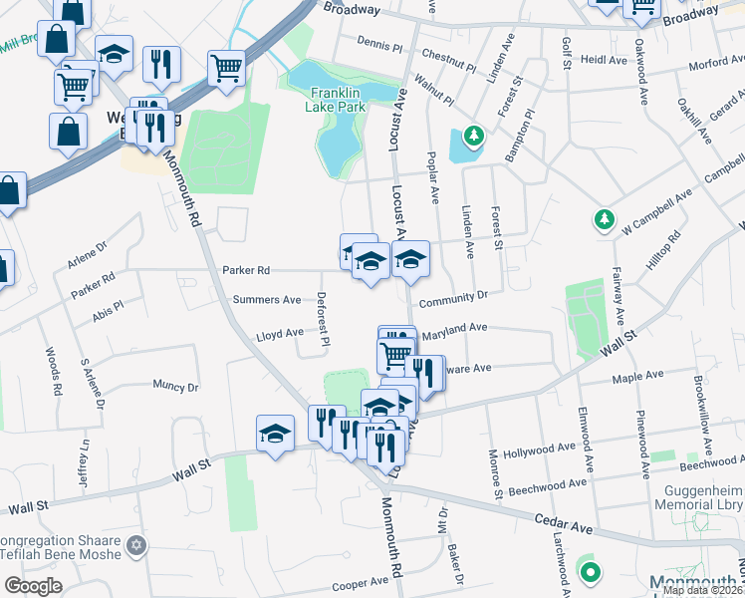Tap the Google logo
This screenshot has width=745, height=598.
[x=32, y=586]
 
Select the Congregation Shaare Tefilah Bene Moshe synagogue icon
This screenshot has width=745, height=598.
[x=137, y=546]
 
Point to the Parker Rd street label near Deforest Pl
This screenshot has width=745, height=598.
[x=246, y=270]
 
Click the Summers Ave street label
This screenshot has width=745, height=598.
[x=266, y=299]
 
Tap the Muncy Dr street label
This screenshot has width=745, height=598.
[x=175, y=386]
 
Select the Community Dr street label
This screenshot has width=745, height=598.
[x=453, y=297]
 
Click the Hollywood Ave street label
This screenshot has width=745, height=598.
[x=541, y=452]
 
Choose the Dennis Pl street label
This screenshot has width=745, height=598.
[x=379, y=46]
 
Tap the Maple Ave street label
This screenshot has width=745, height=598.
[x=638, y=376]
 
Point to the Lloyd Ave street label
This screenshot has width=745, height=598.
[x=280, y=334]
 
